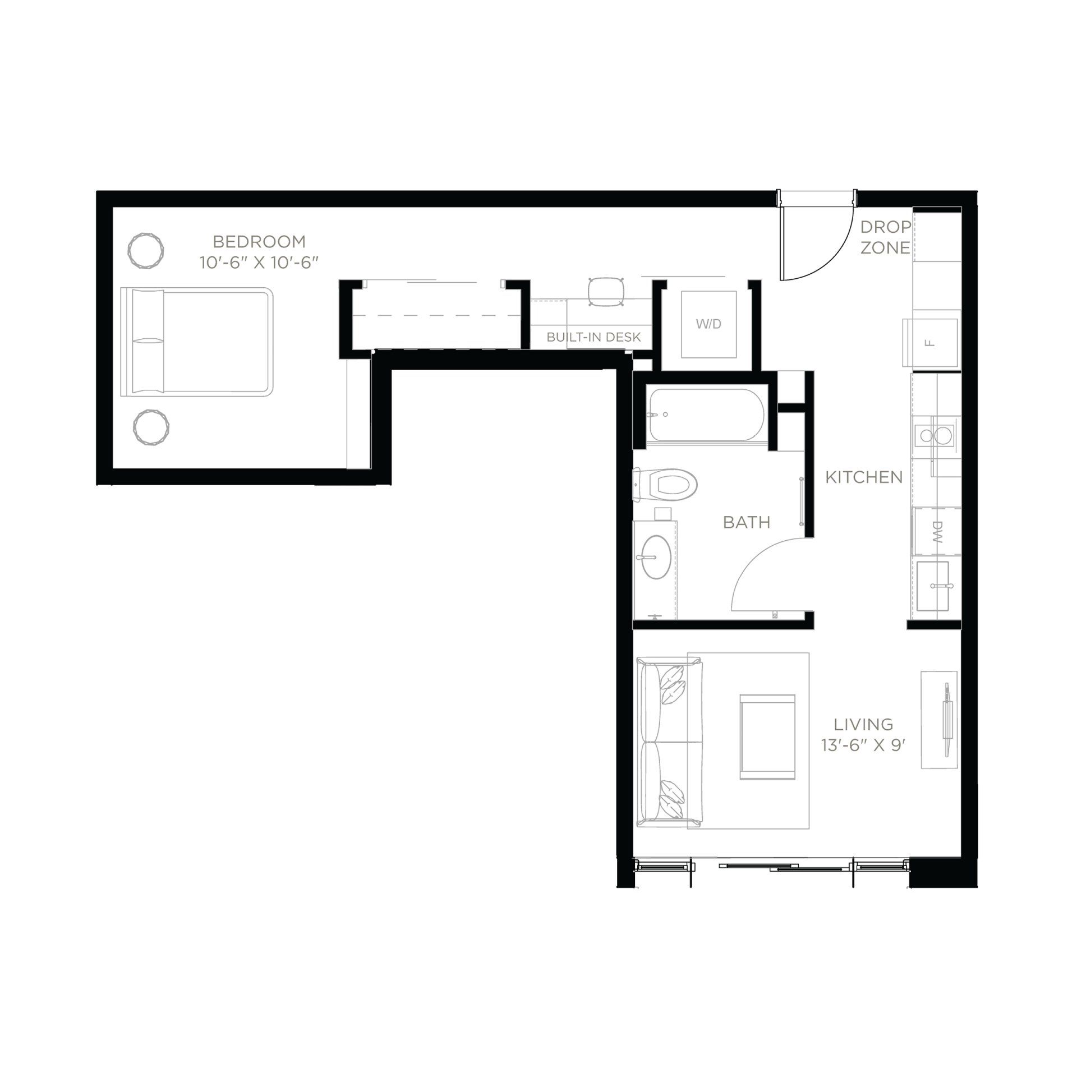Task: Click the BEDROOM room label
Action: pos(259,242)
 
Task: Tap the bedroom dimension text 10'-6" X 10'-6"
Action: pos(259,263)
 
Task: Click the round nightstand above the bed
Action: pos(146,251)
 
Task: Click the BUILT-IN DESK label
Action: pos(593,337)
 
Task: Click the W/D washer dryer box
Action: pos(708,324)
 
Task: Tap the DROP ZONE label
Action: pos(885,237)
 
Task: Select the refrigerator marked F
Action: pos(931,342)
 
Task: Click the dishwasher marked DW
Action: pos(936,532)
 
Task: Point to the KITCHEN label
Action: pos(864,477)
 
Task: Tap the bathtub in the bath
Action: pos(705,415)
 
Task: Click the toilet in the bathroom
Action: pos(668,485)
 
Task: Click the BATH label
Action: pos(747,522)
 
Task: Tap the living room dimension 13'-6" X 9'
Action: pos(863,745)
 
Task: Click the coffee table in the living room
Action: pos(767,737)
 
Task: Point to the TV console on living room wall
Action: pos(938,720)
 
